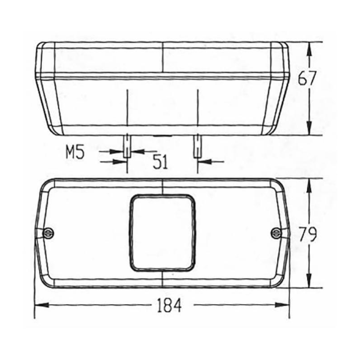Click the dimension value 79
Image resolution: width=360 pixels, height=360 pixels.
[x=308, y=234]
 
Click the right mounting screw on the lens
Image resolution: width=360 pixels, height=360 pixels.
[x=276, y=233]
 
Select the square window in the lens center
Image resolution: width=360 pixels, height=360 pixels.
[x=163, y=233]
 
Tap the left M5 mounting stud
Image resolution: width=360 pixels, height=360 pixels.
[x=127, y=146]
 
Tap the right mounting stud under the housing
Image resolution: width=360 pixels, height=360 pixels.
[x=197, y=146]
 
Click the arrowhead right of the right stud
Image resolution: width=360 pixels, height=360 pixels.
[x=204, y=161]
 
